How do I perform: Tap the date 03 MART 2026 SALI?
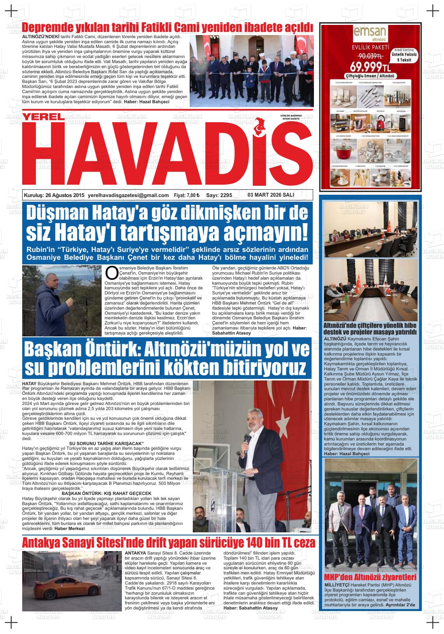271,195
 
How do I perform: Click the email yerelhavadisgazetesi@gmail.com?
129,195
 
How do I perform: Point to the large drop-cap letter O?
111,273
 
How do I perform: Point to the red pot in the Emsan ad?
342,148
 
